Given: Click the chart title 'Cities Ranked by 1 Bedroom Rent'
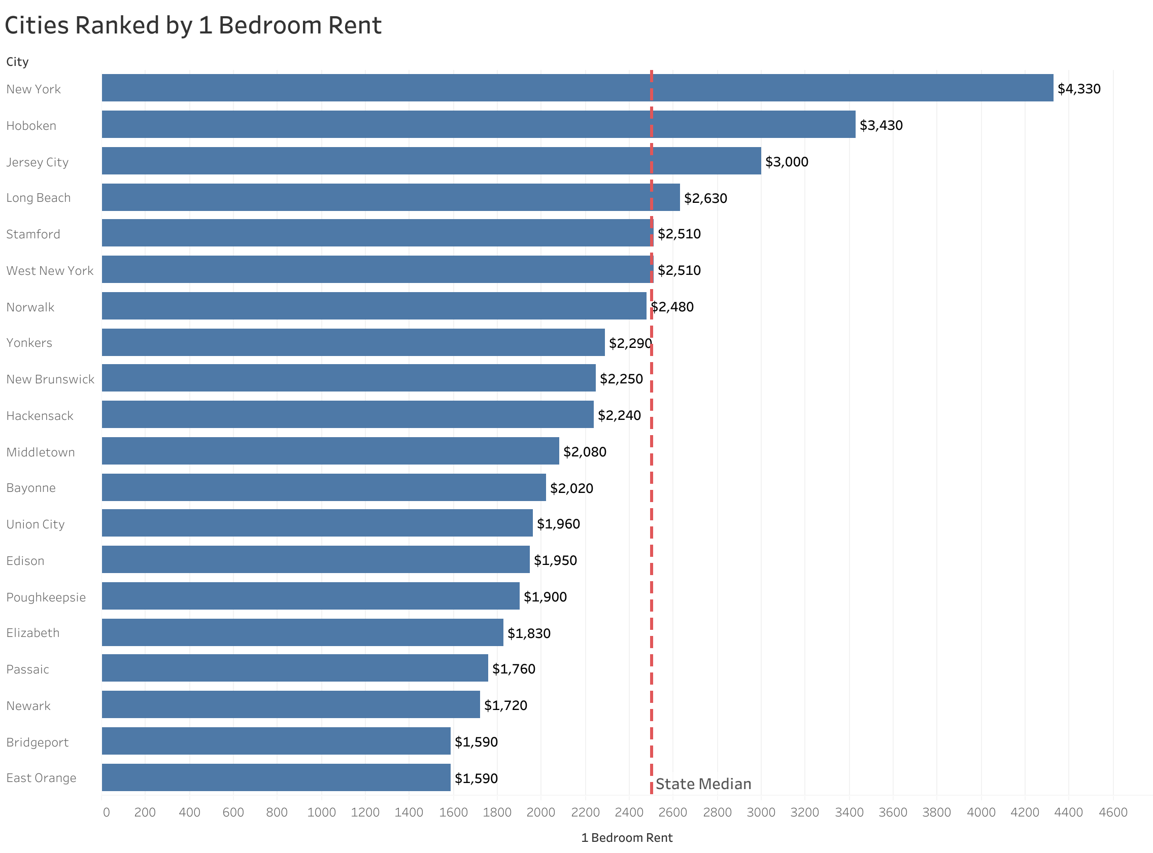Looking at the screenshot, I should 193,25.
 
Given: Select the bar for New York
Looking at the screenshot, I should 577,88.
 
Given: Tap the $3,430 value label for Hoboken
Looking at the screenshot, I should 881,125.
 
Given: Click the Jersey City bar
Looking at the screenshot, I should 431,161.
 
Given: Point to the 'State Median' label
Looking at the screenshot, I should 703,785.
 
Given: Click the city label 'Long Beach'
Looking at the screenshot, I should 38,198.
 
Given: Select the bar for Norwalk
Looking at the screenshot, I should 374,306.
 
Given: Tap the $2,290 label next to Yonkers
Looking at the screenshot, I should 630,343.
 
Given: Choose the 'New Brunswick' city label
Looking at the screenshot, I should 50,379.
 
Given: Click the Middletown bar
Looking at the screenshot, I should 330,451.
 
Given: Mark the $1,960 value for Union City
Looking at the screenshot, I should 558,524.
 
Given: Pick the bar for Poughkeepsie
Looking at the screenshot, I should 310,596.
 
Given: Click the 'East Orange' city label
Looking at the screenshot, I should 41,778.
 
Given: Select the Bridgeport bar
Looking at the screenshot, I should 276,741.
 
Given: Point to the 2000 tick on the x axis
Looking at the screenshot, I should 540,813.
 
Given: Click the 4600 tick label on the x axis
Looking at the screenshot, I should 1113,813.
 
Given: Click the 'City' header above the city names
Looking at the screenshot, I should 17,62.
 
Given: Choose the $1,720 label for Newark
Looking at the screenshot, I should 505,705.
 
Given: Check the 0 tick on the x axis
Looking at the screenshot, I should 107,813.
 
